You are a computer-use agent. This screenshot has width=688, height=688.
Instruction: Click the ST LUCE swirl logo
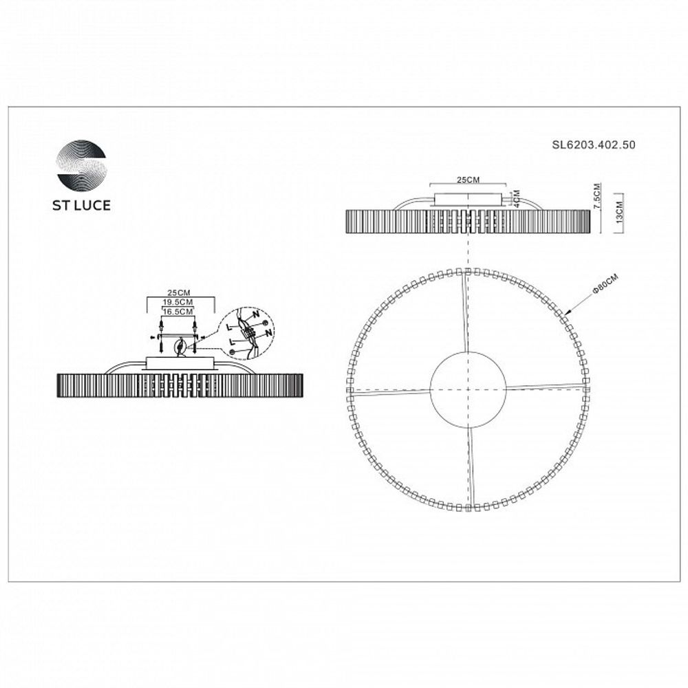point(82,165)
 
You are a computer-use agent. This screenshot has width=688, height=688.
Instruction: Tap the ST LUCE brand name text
point(82,204)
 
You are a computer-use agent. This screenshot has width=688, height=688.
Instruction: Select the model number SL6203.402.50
point(593,145)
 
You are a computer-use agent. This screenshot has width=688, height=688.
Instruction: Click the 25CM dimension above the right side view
point(468,180)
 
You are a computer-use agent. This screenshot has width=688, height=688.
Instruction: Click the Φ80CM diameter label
point(605,284)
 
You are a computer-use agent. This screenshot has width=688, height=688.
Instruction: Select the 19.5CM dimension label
point(178,302)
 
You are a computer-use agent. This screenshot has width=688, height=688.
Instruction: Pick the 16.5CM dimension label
point(178,311)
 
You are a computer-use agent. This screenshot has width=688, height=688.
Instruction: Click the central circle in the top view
point(468,389)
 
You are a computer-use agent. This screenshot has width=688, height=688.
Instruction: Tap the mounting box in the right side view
point(468,200)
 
